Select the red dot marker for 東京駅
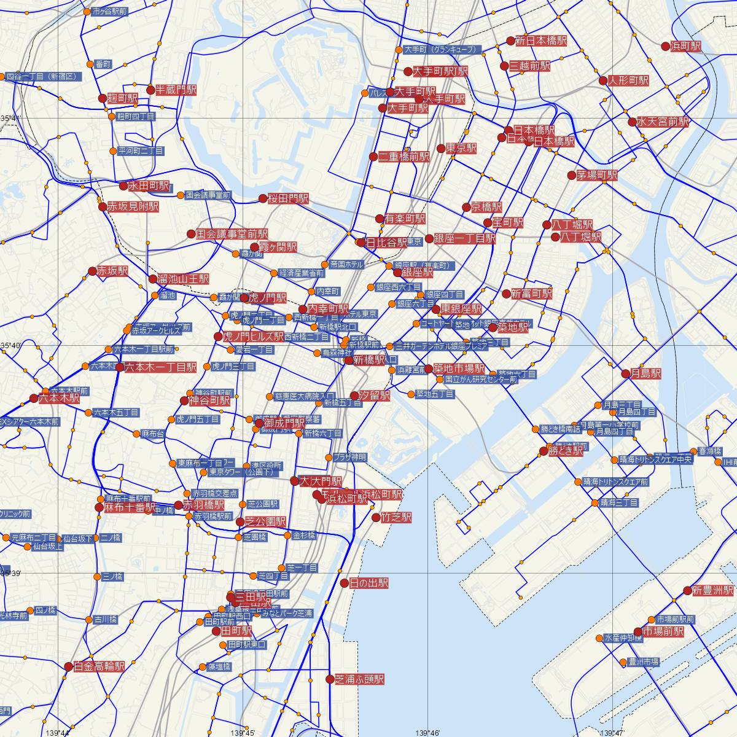point(440,149)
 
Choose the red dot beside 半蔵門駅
point(150,90)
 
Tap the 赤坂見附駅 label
point(133,207)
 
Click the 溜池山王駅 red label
point(183,279)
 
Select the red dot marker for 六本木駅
point(34,398)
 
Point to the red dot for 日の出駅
point(344,583)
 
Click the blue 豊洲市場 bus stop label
point(644,661)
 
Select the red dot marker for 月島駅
point(626,373)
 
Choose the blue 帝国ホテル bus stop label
point(346,264)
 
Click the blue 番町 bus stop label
point(104,64)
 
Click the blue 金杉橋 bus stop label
point(304,536)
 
